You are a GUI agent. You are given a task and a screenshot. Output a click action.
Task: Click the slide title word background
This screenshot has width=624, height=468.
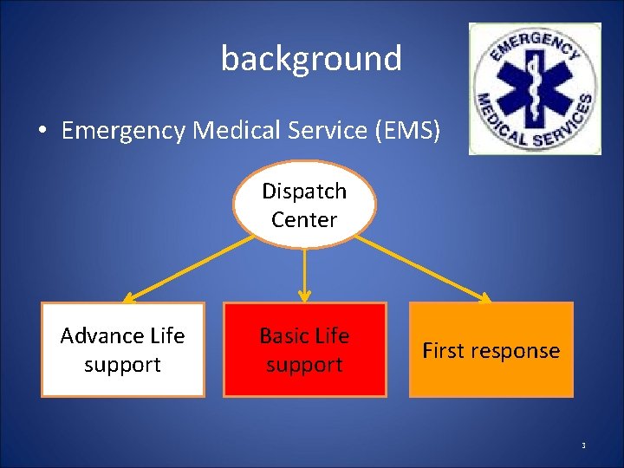click(311, 59)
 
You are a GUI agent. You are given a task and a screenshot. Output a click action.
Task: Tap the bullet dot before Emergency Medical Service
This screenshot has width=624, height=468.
click(41, 132)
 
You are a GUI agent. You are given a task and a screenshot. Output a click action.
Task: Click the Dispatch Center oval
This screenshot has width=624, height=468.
click(304, 205)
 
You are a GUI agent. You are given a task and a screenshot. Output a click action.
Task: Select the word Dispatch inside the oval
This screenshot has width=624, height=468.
click(304, 191)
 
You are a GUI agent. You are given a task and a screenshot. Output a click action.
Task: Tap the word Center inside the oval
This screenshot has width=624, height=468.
click(304, 219)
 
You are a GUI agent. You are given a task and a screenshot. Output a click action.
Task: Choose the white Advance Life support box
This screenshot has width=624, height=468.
click(122, 349)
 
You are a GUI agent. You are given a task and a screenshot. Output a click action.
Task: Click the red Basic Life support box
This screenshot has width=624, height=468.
click(304, 349)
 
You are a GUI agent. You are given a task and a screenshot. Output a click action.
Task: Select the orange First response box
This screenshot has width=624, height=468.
click(491, 349)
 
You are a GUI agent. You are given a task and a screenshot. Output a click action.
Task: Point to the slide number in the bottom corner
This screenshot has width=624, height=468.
click(583, 446)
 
